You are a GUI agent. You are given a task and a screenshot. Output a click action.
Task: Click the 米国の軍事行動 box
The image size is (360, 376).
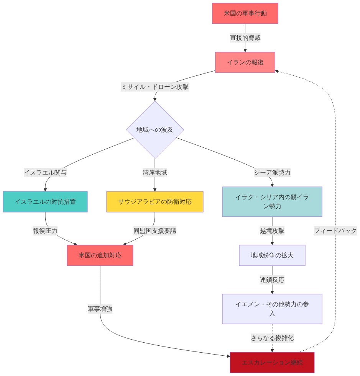pos(245,13)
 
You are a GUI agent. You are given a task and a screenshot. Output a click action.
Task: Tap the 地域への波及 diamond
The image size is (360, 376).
pos(155,129)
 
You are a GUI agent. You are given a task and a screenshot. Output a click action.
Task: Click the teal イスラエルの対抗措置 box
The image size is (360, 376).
pos(45,202)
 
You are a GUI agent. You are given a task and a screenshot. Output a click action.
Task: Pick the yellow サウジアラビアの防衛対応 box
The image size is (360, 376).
pos(155,202)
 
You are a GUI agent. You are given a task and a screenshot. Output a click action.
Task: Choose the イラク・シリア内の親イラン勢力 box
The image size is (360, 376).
pos(272,202)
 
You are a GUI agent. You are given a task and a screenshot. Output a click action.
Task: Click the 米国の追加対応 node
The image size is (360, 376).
pos(100,255)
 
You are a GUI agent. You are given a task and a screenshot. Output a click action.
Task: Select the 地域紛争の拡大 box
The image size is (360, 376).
pos(272,255)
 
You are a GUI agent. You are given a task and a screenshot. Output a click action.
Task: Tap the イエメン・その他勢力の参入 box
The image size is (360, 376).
pos(272,309)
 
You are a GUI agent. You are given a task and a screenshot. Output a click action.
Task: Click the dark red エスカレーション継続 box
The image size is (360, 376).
pos(272,363)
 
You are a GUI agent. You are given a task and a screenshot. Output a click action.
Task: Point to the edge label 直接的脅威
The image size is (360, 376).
pos(245,38)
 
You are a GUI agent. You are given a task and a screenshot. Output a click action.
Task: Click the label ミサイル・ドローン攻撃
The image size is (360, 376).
pos(155,87)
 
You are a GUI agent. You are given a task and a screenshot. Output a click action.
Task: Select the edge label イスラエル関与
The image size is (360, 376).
pos(45,173)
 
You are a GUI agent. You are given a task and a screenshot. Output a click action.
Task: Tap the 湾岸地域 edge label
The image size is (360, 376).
pos(155,173)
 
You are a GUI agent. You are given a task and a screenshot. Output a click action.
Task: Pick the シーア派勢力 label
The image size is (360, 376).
pos(272,173)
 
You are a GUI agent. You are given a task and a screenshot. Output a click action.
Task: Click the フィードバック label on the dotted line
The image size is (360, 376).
pos(335,231)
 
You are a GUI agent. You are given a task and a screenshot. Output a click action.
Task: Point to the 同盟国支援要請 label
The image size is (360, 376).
pos(155,231)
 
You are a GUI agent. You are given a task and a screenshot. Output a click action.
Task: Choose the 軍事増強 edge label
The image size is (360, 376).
pos(100,309)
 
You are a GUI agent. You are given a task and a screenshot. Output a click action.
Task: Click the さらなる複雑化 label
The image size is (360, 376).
pos(272,338)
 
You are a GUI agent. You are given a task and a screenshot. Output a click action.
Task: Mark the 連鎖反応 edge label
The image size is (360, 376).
pos(272,280)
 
